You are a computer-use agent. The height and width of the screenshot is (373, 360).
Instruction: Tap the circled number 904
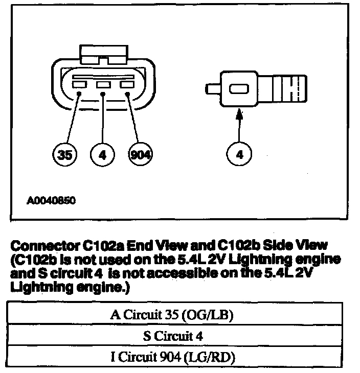pos(139,155)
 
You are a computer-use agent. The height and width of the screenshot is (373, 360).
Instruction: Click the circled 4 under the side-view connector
pos(239,155)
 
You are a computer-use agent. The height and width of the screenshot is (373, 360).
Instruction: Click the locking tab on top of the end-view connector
pos(103,55)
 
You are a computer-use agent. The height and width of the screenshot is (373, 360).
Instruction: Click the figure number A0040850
pos(51,201)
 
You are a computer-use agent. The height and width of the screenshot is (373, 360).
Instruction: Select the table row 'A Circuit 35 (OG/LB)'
pos(171,315)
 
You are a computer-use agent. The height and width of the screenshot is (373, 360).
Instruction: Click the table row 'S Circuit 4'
pos(171,336)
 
